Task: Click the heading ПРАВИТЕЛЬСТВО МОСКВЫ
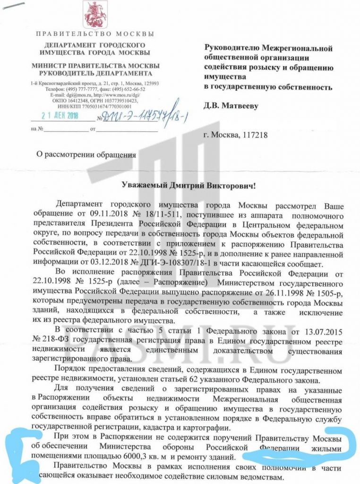95,34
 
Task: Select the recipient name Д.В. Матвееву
231,106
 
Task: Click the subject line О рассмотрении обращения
86,154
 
